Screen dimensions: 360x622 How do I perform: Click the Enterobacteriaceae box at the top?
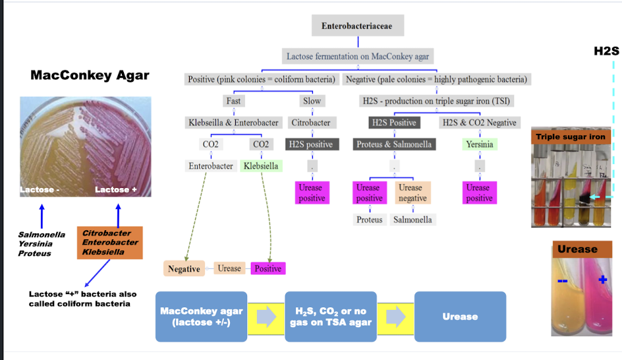(357, 26)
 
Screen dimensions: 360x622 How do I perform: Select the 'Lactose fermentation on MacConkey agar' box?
(357, 57)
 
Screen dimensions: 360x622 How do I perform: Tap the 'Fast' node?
(233, 101)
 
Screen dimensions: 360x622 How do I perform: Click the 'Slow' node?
(312, 101)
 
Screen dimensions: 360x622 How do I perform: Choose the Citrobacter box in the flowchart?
(311, 123)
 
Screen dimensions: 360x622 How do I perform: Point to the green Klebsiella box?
(261, 166)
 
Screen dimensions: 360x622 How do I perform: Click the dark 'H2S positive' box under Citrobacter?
(311, 144)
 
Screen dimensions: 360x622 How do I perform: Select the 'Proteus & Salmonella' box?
(394, 144)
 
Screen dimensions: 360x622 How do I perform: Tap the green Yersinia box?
(479, 144)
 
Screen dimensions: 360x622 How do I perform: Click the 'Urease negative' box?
(412, 193)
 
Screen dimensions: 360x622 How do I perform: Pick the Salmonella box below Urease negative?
(412, 220)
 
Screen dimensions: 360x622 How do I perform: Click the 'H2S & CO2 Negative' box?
(479, 123)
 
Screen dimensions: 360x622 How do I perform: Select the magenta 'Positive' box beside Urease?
(268, 269)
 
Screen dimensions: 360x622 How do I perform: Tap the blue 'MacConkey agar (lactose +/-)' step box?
(201, 316)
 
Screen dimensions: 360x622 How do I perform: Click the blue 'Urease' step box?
(460, 316)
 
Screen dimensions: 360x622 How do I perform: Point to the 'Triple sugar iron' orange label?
(571, 136)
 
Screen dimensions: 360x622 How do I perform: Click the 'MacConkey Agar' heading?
(90, 75)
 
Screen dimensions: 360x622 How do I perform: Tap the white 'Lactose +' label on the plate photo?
(116, 190)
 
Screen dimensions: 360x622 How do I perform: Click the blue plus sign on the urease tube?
(602, 280)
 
